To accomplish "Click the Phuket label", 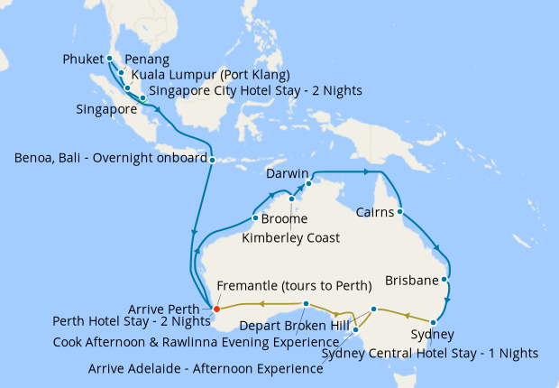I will pos(84,60).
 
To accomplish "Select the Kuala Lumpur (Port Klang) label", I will pos(211,75).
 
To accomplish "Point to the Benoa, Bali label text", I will pos(110,159).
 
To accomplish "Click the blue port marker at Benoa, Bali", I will pos(212,161).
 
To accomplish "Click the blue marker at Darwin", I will pos(308,183).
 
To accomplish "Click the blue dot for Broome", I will pos(256,218).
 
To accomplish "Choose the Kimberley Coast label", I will pos(291,238).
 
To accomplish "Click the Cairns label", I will pos(369,213).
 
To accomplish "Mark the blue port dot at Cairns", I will pos(399,213).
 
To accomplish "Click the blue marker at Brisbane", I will pos(444,279).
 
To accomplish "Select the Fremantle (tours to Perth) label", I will pos(294,286).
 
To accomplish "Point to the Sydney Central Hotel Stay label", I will pos(430,352).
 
